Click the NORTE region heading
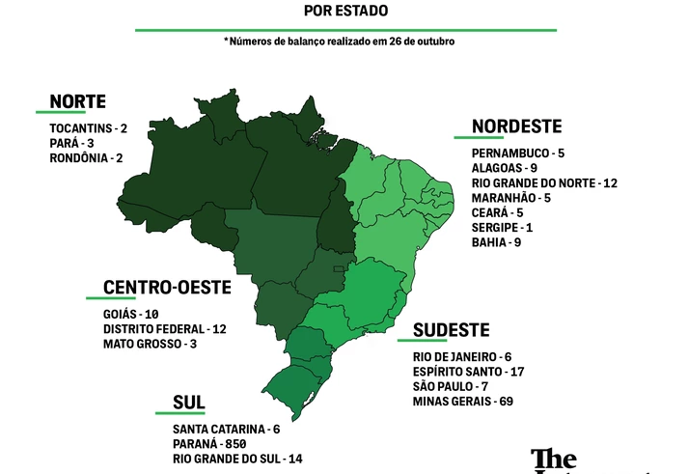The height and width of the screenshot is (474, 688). click(77, 101)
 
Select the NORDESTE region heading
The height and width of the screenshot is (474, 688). click(516, 126)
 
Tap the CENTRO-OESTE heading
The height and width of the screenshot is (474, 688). click(167, 288)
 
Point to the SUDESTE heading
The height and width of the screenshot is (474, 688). click(452, 330)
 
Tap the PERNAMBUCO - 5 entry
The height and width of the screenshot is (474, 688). click(518, 153)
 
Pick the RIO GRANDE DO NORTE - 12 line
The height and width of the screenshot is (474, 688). click(544, 182)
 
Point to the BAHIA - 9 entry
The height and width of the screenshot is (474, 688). click(497, 241)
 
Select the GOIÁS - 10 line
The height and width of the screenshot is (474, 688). click(130, 315)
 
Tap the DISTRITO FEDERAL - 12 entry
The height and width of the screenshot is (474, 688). click(164, 329)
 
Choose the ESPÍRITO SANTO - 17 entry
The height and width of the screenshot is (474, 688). click(468, 372)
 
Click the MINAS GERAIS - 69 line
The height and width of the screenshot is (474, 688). click(462, 401)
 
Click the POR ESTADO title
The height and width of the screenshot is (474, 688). click(345, 12)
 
